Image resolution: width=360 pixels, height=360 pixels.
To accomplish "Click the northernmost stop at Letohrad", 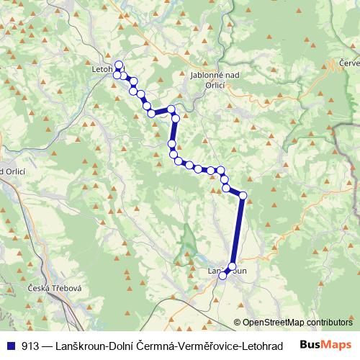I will tap(119, 64).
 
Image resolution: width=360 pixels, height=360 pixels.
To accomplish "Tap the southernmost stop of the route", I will tap(223, 274).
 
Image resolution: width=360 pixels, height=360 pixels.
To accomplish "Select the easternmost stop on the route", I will tap(243, 195).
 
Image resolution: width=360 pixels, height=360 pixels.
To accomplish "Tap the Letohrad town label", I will tap(104, 70).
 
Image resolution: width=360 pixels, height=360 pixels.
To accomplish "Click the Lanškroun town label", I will tap(228, 271).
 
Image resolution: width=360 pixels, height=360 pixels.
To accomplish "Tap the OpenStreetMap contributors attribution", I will tap(297, 323).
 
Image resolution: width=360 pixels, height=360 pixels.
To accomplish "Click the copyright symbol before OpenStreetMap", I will tap(237, 323).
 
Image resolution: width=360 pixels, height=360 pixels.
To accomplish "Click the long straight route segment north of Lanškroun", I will tap(238, 230).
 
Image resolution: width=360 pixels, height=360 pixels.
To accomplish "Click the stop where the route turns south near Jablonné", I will tap(171, 109).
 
